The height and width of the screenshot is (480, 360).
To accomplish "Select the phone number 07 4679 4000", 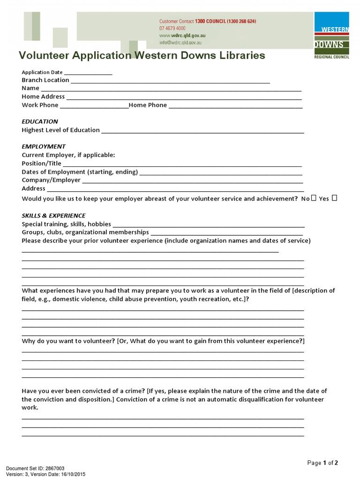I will click(172, 28).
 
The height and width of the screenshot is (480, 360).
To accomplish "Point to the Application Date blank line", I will click(88, 73).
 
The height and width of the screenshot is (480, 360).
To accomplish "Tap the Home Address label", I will click(43, 97).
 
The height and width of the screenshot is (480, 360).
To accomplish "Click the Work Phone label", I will click(40, 105).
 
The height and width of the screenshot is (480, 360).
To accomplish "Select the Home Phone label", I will click(148, 105).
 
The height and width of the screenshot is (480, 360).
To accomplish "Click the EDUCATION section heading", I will click(40, 121).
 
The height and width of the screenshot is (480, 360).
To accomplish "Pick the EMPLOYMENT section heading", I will click(44, 146).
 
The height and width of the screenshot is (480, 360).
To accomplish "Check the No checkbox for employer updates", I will click(314, 198).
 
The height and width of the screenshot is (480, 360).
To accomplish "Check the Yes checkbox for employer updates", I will click(334, 198).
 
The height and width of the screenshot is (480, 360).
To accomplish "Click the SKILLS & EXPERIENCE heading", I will click(53, 216).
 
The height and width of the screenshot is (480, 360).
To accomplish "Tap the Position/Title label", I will click(41, 164).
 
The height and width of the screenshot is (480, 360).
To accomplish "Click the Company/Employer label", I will click(51, 180).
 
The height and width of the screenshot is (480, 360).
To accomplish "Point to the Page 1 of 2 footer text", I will click(322, 463).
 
